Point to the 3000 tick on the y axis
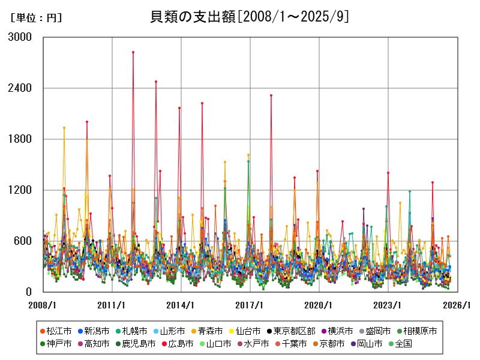coord(20,37)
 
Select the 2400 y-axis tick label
coord(20,88)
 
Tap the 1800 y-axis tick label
coord(20,139)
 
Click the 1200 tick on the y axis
coord(20,190)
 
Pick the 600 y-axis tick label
coord(23,241)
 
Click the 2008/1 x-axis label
coord(43,305)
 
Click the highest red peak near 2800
coord(133,52)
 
